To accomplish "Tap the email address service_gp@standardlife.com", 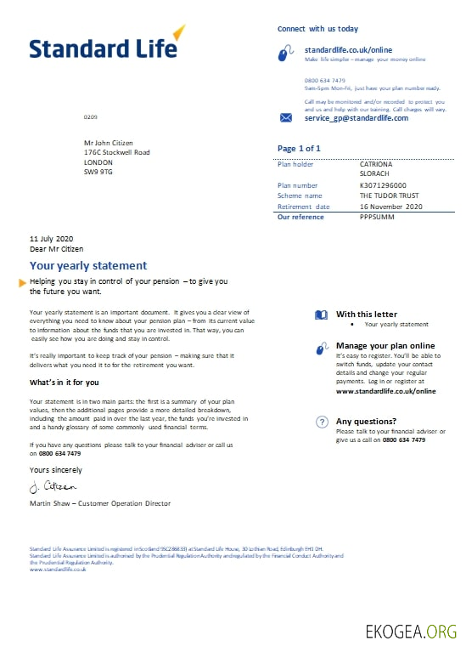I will (356, 118).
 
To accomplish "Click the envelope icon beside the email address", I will (286, 118).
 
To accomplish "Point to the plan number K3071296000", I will (383, 185).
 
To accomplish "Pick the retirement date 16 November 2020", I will (390, 207).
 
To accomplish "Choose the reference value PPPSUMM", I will (377, 217).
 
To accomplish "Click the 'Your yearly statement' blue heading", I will (88, 266).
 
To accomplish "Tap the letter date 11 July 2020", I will (53, 238).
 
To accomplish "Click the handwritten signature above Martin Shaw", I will (53, 487).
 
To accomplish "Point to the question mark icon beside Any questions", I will (322, 422).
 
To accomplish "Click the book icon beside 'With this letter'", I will (321, 315).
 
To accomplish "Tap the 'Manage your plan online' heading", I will (385, 346).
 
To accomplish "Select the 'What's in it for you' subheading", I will (65, 383).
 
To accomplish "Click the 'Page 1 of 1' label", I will (299, 149).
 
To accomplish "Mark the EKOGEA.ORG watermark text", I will (411, 632).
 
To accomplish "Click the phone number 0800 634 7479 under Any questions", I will (403, 440).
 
